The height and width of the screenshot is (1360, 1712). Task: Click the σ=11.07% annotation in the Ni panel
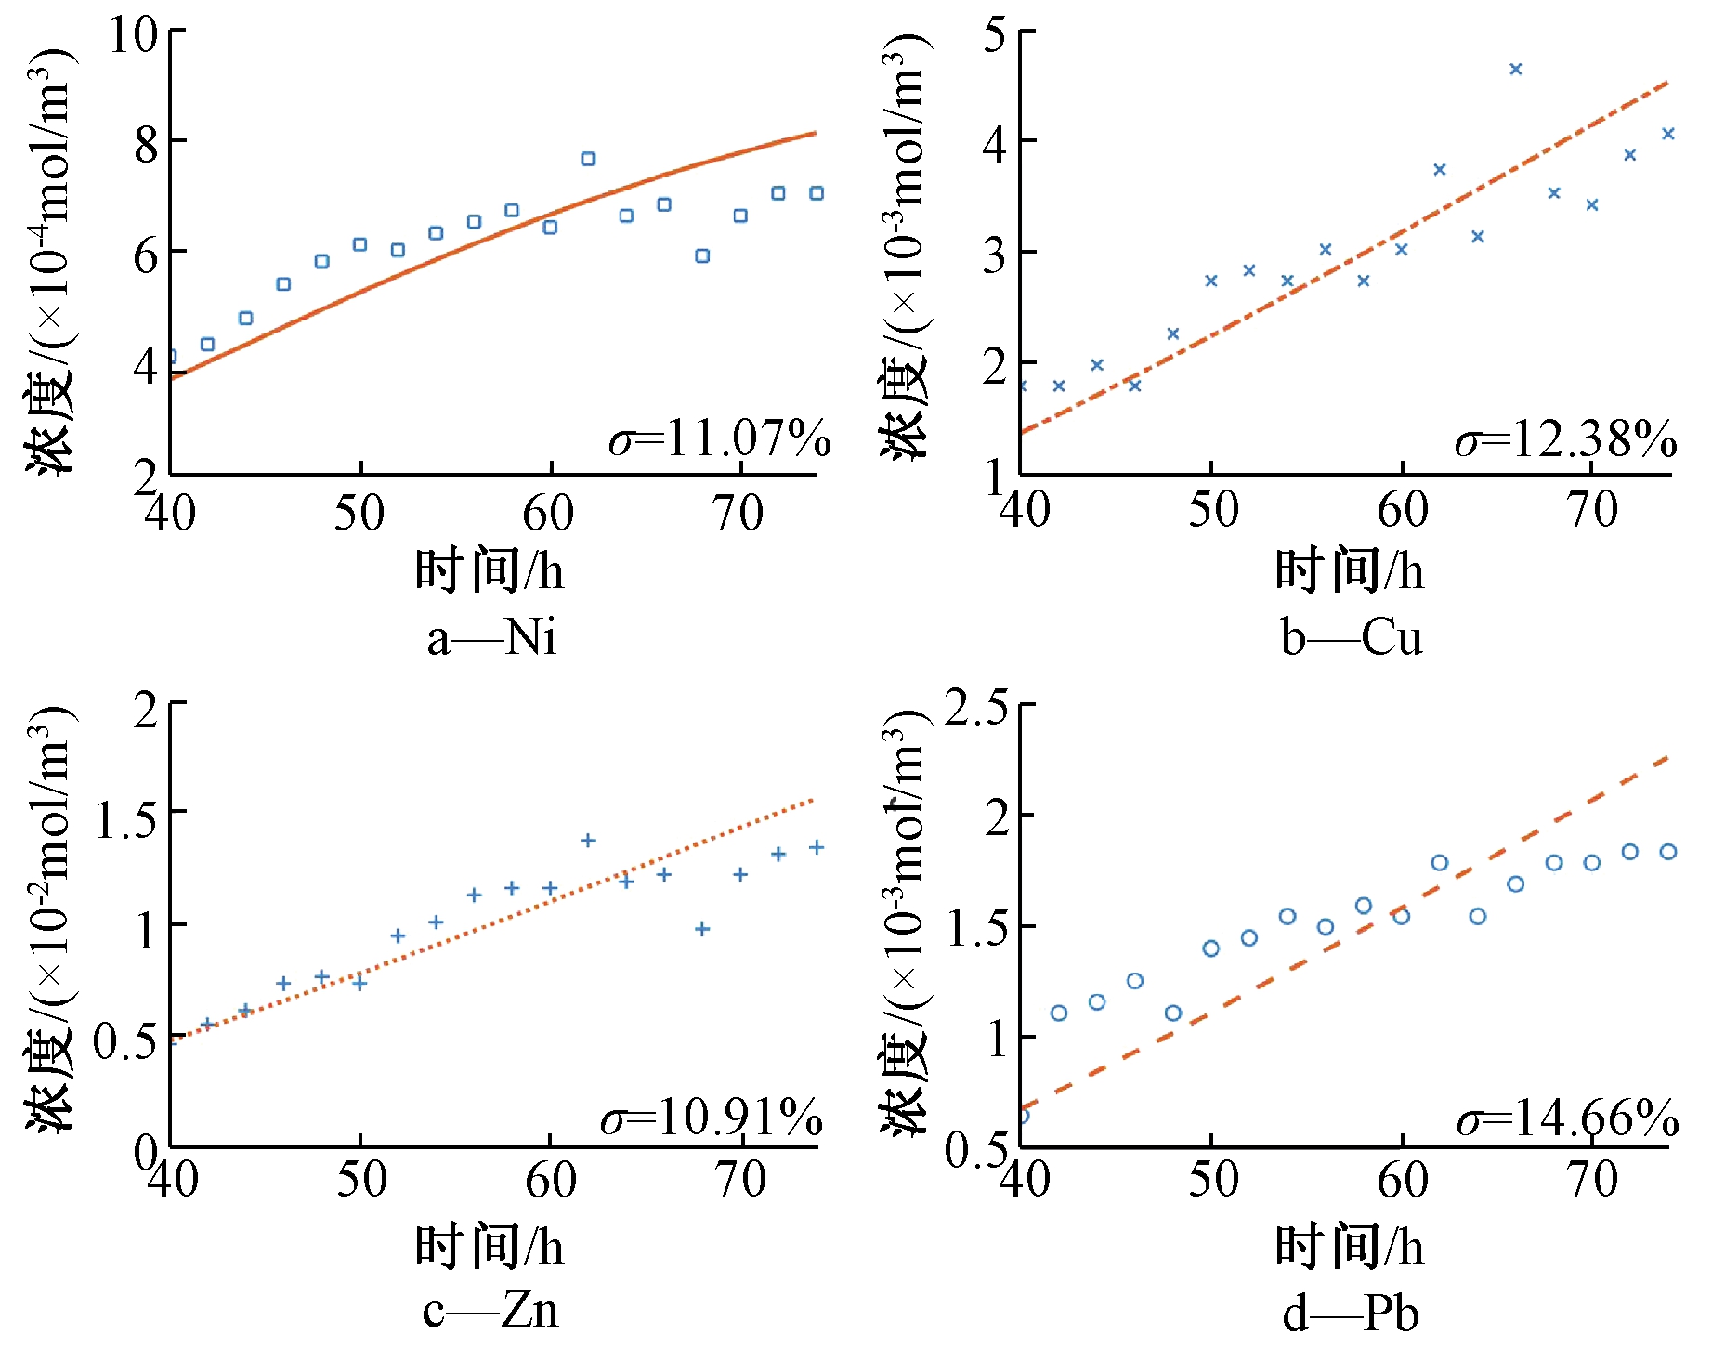(720, 438)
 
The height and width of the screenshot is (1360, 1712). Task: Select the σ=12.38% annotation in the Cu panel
(1566, 438)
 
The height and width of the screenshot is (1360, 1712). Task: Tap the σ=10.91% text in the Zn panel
(712, 1117)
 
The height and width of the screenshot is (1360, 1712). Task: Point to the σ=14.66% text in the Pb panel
(1568, 1117)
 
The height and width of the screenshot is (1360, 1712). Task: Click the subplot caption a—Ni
(491, 638)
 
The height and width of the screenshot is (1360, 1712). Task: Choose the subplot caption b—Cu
(1352, 638)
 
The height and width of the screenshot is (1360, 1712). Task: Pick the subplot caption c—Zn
(490, 1311)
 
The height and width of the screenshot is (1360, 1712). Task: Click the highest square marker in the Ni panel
(588, 159)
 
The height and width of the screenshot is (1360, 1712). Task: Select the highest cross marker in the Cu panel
(1516, 69)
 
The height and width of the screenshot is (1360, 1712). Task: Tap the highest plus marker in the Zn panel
(588, 840)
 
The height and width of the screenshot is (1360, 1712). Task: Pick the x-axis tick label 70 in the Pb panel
(1592, 1180)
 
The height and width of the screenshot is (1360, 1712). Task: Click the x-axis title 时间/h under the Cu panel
(1349, 570)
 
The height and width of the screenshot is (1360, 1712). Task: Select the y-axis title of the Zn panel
(48, 920)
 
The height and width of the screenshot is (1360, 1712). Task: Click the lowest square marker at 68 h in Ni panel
(702, 255)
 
